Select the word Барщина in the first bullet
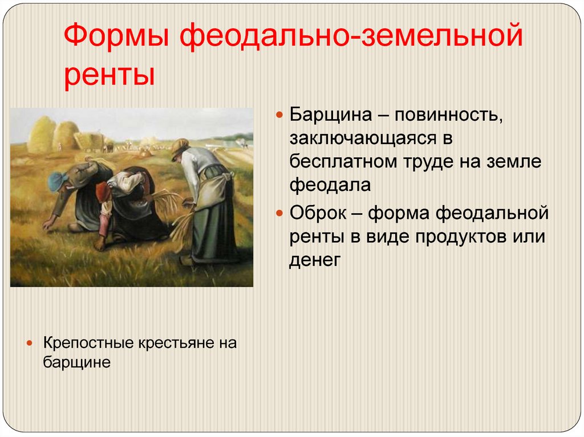(x=330, y=115)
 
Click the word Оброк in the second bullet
(x=318, y=213)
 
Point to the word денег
(x=315, y=260)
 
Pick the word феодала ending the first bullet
(x=330, y=185)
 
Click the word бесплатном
(x=343, y=162)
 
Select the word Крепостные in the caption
(x=88, y=343)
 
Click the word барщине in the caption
(x=77, y=362)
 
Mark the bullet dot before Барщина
(x=279, y=115)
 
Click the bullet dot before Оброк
(x=279, y=213)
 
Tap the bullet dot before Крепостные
(x=30, y=343)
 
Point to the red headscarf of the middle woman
(x=103, y=191)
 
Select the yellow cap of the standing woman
(x=180, y=146)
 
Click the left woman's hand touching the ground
(x=48, y=224)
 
